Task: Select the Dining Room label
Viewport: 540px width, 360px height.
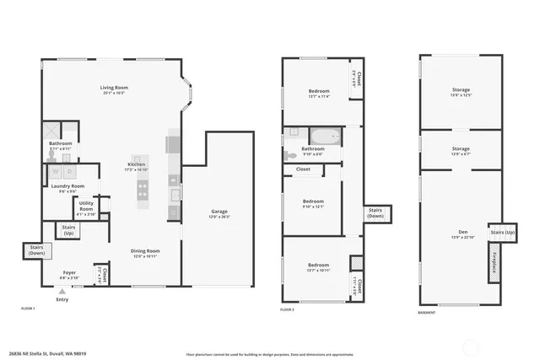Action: click(144, 251)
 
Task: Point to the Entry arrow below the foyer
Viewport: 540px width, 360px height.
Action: click(62, 290)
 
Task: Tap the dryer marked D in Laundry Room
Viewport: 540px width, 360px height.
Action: click(70, 171)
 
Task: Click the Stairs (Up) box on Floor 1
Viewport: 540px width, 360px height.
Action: click(67, 229)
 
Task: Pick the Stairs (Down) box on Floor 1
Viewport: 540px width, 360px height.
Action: click(36, 250)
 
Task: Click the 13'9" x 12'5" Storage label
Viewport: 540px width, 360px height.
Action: click(461, 92)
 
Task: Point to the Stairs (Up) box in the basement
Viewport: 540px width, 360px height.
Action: click(502, 232)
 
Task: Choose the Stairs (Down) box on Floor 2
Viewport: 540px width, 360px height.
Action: click(375, 214)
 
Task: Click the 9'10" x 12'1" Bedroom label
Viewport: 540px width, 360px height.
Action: click(313, 203)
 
